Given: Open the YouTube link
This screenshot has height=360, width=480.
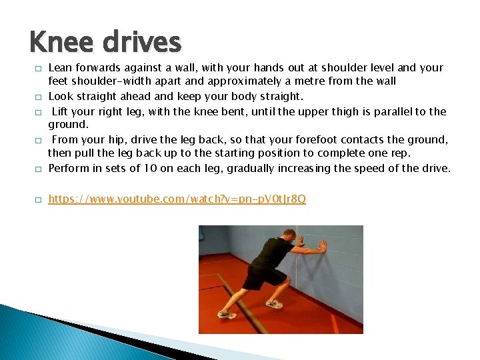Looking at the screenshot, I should click(x=177, y=199).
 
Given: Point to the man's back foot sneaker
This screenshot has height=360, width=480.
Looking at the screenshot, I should click(x=227, y=313).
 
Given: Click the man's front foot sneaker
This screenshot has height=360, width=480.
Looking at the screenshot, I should click(x=274, y=304).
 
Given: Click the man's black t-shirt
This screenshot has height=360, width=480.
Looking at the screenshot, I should click(x=270, y=253).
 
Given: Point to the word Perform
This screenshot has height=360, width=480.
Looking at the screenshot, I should click(x=70, y=168).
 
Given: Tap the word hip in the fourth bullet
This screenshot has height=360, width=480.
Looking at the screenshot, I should click(x=119, y=140).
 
